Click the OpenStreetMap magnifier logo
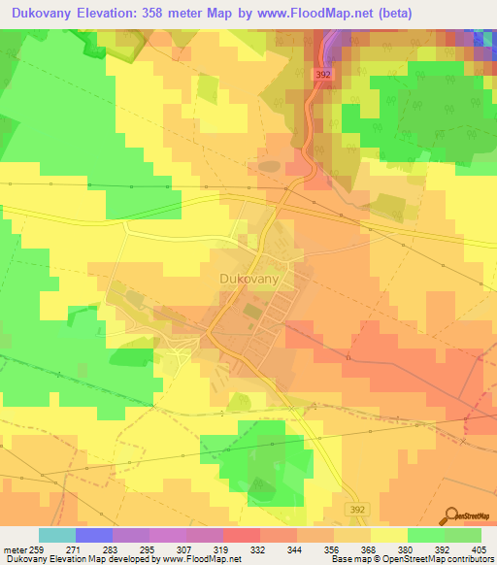click(x=452, y=515)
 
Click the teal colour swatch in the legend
click(x=56, y=535)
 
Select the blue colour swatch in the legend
click(x=93, y=535)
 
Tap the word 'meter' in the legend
click(x=13, y=549)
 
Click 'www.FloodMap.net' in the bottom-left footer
click(x=203, y=560)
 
